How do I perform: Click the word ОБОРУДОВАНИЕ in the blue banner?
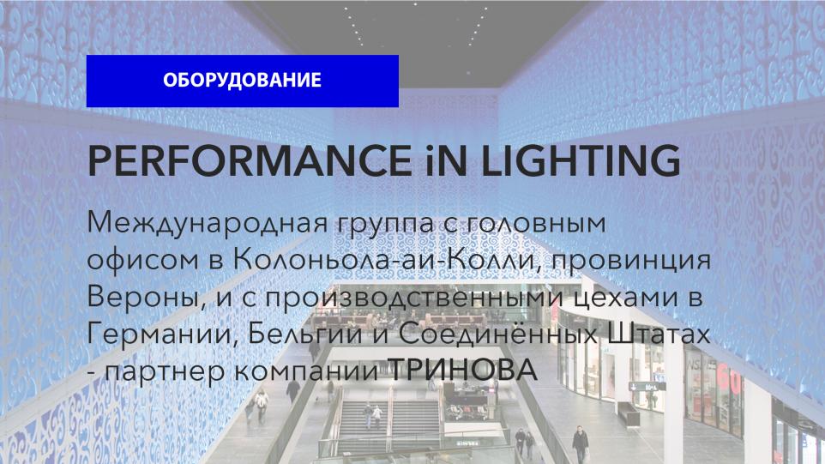click(242, 80)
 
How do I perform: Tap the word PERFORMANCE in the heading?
click(250, 160)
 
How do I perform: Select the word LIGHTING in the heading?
click(581, 160)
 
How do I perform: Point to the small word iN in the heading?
click(446, 160)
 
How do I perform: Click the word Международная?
click(208, 224)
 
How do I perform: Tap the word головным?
click(537, 224)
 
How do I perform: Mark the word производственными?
click(413, 298)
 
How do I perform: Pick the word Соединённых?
click(497, 333)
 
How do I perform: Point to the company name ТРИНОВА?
click(462, 370)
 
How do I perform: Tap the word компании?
click(306, 371)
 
